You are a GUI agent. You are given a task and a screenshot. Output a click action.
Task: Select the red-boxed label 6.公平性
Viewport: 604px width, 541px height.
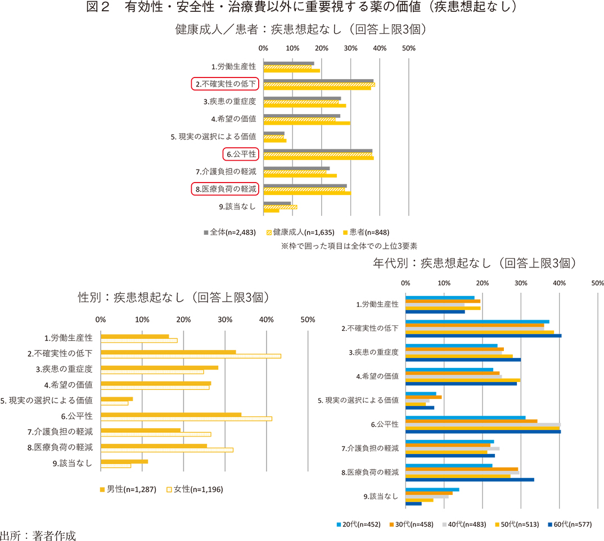pos(240,154)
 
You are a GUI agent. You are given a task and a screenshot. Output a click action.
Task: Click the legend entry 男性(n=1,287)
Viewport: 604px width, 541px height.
pos(127,489)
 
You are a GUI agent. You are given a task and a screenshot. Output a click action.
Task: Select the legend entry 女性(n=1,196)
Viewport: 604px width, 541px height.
pos(195,489)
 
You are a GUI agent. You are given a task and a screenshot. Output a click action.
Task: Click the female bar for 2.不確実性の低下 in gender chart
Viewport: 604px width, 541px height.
pos(191,356)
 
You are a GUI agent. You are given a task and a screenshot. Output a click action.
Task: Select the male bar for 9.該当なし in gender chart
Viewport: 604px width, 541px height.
pos(124,461)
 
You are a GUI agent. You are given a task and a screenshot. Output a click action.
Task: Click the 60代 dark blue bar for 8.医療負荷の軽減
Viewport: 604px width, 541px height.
pos(470,480)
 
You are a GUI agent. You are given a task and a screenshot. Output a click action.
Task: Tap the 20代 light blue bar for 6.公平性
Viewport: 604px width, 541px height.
pos(466,417)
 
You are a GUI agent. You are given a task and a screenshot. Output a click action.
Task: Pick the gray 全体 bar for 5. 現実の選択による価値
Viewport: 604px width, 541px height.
pos(274,134)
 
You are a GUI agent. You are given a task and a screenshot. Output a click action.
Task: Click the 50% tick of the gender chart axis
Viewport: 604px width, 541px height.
pos(308,320)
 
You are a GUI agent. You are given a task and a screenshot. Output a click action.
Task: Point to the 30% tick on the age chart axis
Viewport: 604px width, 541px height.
pos(521,283)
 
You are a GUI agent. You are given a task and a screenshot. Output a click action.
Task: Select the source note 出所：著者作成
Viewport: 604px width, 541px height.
pos(38,534)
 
